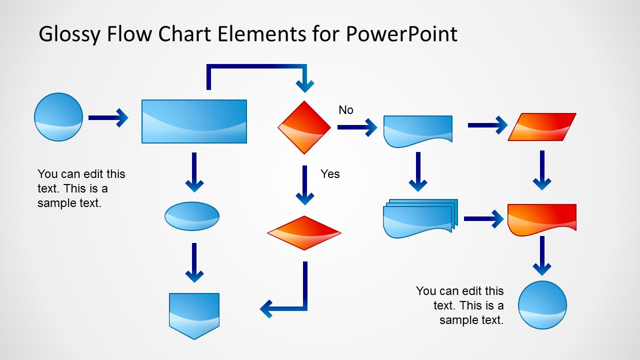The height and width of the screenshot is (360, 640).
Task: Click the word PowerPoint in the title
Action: [x=401, y=34]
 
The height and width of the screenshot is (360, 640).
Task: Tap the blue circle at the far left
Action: [x=58, y=117]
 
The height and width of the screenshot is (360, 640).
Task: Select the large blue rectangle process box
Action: [x=194, y=121]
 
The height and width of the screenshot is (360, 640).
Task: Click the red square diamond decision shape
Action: [x=304, y=127]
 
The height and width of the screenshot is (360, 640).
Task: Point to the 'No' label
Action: [x=345, y=110]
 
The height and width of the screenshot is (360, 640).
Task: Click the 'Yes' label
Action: [x=330, y=174]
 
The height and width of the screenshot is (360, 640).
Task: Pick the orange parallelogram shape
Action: [x=542, y=127]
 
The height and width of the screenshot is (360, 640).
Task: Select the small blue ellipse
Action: [x=192, y=216]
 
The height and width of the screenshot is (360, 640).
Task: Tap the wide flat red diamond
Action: [x=304, y=233]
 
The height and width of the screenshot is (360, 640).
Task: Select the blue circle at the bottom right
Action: [x=542, y=305]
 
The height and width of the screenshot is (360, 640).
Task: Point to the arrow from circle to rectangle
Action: [x=108, y=118]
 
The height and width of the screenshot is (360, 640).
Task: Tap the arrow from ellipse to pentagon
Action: [x=194, y=262]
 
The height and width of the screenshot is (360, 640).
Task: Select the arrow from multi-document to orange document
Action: [x=483, y=218]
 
